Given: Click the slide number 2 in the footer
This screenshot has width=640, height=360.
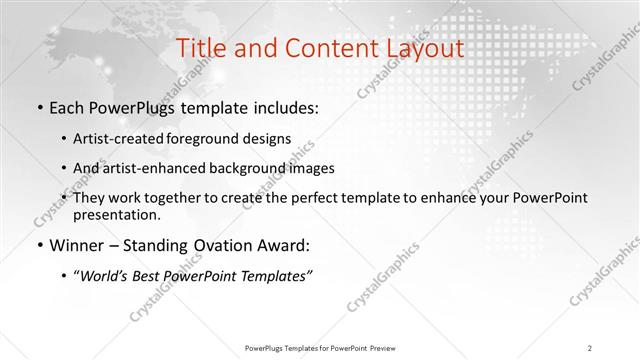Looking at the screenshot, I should pyautogui.click(x=591, y=347).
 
